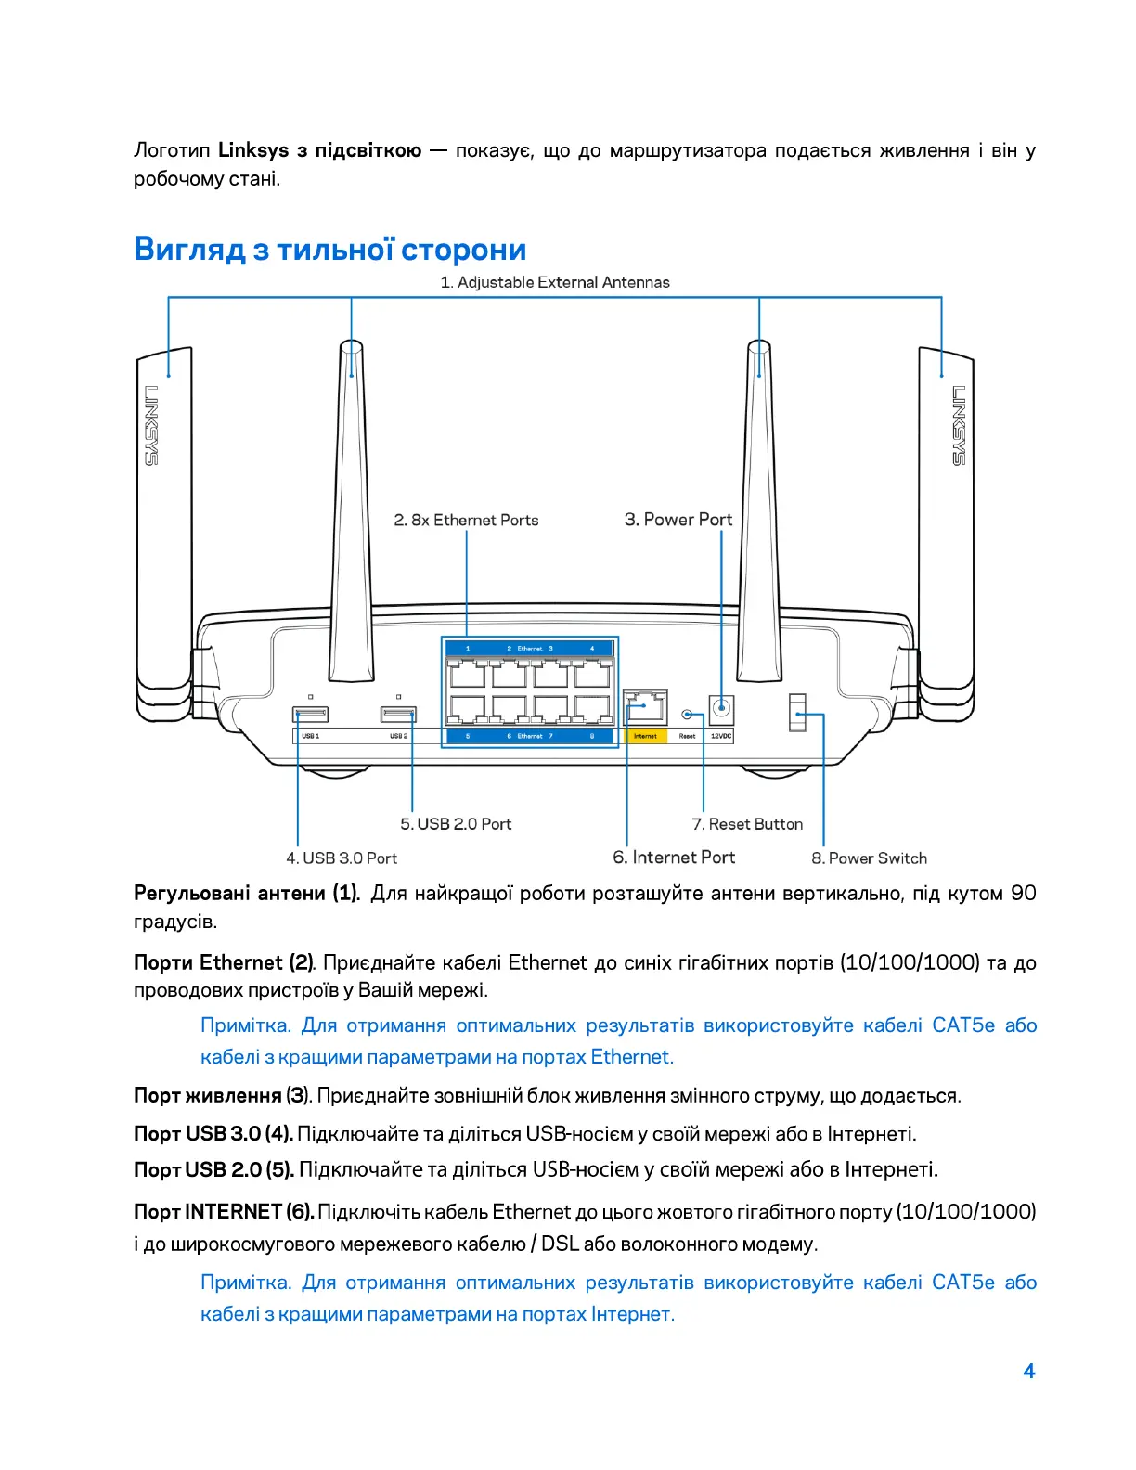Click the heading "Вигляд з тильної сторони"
pos(329,250)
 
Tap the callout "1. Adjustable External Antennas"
pos(554,282)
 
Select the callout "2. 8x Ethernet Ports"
pos(466,520)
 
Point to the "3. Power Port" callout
pos(678,520)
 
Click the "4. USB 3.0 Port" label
pos(341,858)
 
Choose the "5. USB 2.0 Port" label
pos(456,824)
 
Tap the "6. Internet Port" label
pos(674,857)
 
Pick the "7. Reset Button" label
pos(747,824)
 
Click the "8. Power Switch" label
pos(869,858)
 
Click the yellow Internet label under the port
pos(645,736)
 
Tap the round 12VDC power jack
pos(721,711)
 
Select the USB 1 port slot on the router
pos(310,714)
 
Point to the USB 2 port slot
pos(398,714)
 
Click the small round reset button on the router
pos(687,715)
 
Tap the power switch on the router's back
pos(796,713)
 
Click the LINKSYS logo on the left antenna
pos(151,425)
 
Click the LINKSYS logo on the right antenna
pos(959,425)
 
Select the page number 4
pos(1028,1371)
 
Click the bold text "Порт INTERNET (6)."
pos(224,1211)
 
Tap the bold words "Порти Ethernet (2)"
pos(223,962)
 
